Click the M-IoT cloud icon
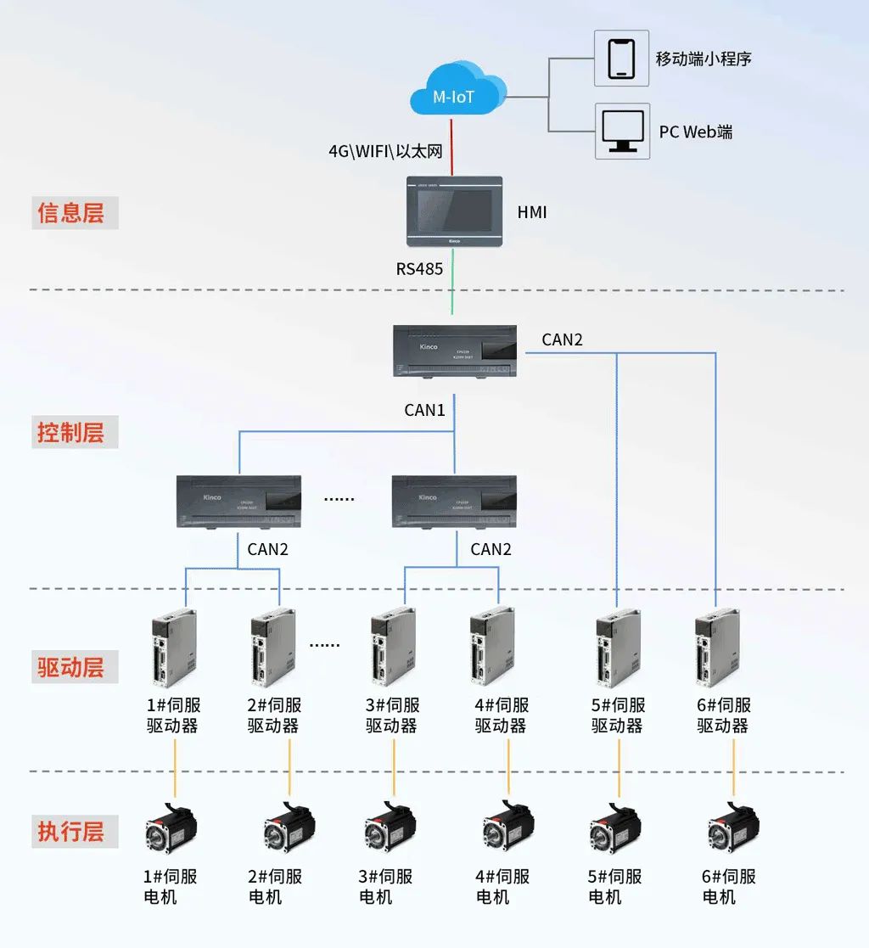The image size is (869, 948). coord(455,93)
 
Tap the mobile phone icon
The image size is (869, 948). coord(621,58)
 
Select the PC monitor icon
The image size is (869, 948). coord(621,131)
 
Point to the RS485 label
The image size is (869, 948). coord(419,269)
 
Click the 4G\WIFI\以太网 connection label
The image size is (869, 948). coord(385,151)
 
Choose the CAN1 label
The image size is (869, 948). coord(424,410)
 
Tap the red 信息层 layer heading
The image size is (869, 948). coord(71,213)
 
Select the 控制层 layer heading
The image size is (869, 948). coord(71,433)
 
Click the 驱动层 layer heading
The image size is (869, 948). coord(71,667)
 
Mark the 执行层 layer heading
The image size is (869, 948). coord(71,832)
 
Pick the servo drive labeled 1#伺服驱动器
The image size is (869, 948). coord(174,648)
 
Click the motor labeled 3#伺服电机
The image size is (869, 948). coord(390,827)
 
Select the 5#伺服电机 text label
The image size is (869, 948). coord(614,887)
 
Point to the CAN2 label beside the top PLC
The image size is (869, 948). coord(562,340)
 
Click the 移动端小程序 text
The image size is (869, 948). coord(704,59)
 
